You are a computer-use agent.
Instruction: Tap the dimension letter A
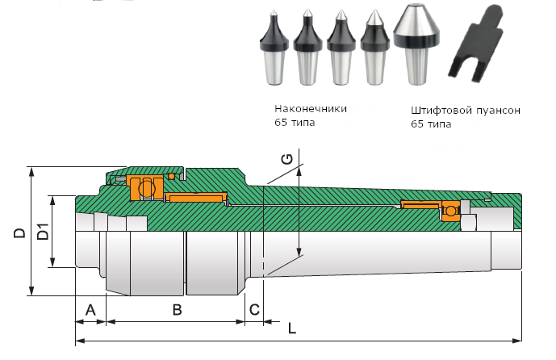(x=90, y=309)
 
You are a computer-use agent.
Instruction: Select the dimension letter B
(x=176, y=309)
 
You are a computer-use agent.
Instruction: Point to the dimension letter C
(x=254, y=309)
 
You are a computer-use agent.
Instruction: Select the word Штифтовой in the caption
(x=437, y=110)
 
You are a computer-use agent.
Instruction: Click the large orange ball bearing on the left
(x=145, y=189)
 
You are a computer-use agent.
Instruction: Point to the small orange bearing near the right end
(x=448, y=211)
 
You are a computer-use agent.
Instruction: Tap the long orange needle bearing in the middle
(x=194, y=197)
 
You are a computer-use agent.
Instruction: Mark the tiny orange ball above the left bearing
(x=171, y=177)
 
